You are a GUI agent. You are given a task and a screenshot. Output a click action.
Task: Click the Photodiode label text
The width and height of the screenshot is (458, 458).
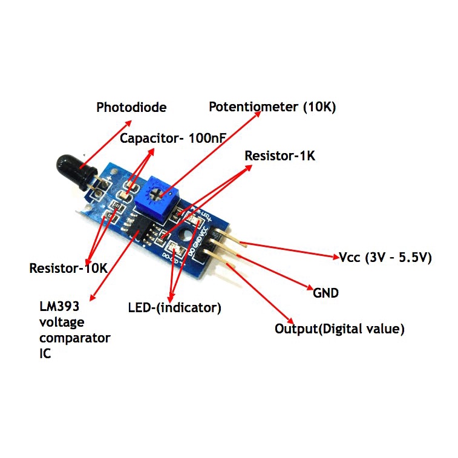131,107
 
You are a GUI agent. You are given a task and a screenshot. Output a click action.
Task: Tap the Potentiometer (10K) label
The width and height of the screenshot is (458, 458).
272,107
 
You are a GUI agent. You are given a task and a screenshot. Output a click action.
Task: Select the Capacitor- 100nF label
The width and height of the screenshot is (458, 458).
173,138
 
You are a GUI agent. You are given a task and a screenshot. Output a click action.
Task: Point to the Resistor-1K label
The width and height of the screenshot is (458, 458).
280,155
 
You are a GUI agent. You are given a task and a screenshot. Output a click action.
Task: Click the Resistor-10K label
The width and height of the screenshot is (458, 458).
68,268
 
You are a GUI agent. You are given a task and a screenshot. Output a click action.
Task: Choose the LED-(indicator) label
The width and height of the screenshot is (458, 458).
175,308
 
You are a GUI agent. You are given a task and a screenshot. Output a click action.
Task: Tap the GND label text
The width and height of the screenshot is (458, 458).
326,293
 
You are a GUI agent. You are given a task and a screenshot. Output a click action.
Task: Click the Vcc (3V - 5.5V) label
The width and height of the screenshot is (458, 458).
385,258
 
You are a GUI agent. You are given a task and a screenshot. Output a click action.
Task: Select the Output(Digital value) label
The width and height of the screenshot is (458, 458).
339,329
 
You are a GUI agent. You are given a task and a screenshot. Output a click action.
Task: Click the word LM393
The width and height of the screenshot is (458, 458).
59,306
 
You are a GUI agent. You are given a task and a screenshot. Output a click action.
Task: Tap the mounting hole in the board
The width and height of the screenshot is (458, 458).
186,234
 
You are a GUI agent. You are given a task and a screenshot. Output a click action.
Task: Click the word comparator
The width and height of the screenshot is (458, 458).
75,339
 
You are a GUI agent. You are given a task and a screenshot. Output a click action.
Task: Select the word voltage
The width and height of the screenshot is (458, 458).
62,322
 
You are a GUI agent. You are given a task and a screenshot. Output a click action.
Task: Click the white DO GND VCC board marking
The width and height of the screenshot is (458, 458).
198,241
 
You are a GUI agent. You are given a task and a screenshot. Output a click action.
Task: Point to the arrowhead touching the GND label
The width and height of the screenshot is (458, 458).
310,287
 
